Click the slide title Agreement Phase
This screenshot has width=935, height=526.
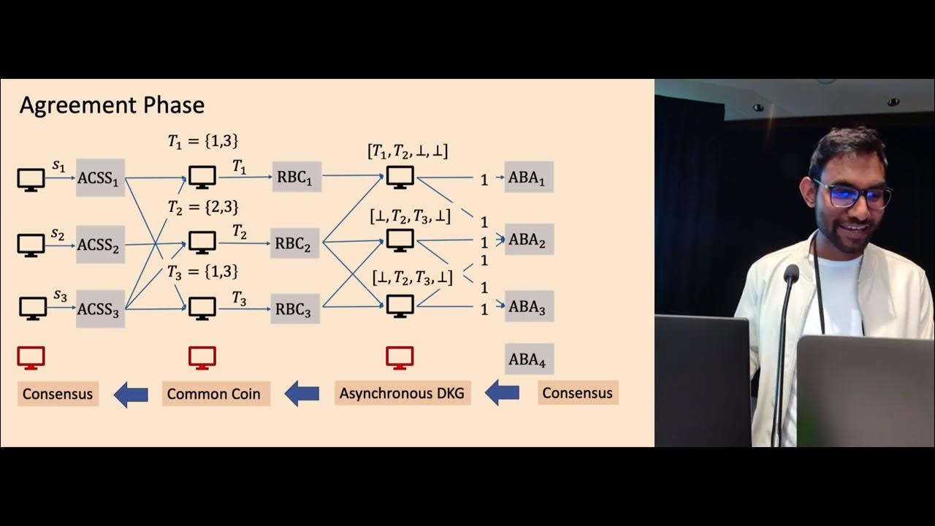click(112, 105)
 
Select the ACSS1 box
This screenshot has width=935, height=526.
click(100, 178)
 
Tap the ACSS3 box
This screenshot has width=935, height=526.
click(100, 309)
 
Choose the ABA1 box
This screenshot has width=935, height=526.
click(528, 178)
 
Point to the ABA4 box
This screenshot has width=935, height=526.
click(529, 359)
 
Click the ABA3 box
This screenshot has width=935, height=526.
click(529, 306)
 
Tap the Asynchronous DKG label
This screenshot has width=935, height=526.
click(402, 393)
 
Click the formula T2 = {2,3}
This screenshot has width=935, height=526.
click(203, 207)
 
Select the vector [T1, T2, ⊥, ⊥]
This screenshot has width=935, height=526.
click(408, 151)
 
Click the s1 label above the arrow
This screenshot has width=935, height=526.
click(59, 167)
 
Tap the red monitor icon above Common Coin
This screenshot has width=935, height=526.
click(202, 357)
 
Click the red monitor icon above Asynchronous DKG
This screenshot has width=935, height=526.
click(400, 357)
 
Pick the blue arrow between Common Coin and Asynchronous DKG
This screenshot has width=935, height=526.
click(302, 394)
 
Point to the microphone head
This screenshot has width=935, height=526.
click(790, 275)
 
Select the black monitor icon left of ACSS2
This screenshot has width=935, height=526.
click(31, 244)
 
